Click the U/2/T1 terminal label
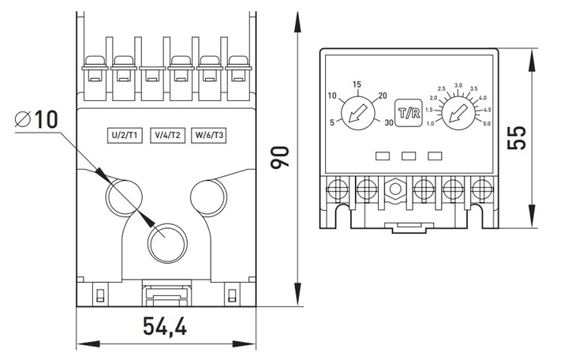point(125,135)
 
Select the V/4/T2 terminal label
point(167,135)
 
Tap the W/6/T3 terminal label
point(209,135)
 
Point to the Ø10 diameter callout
point(36,119)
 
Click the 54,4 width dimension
point(165,326)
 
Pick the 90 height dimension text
point(280,156)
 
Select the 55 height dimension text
point(516,138)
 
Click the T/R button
point(409,113)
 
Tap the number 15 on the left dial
point(357,84)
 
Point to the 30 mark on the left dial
point(389,122)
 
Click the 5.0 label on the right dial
point(487,124)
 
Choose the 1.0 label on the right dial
point(430,124)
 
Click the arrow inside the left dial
point(357,114)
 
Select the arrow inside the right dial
point(458,114)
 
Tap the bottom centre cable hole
point(167,243)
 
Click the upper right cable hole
point(209,197)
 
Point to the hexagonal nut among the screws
point(395,189)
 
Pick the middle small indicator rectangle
point(409,156)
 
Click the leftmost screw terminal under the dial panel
point(338,189)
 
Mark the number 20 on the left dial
point(383,96)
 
